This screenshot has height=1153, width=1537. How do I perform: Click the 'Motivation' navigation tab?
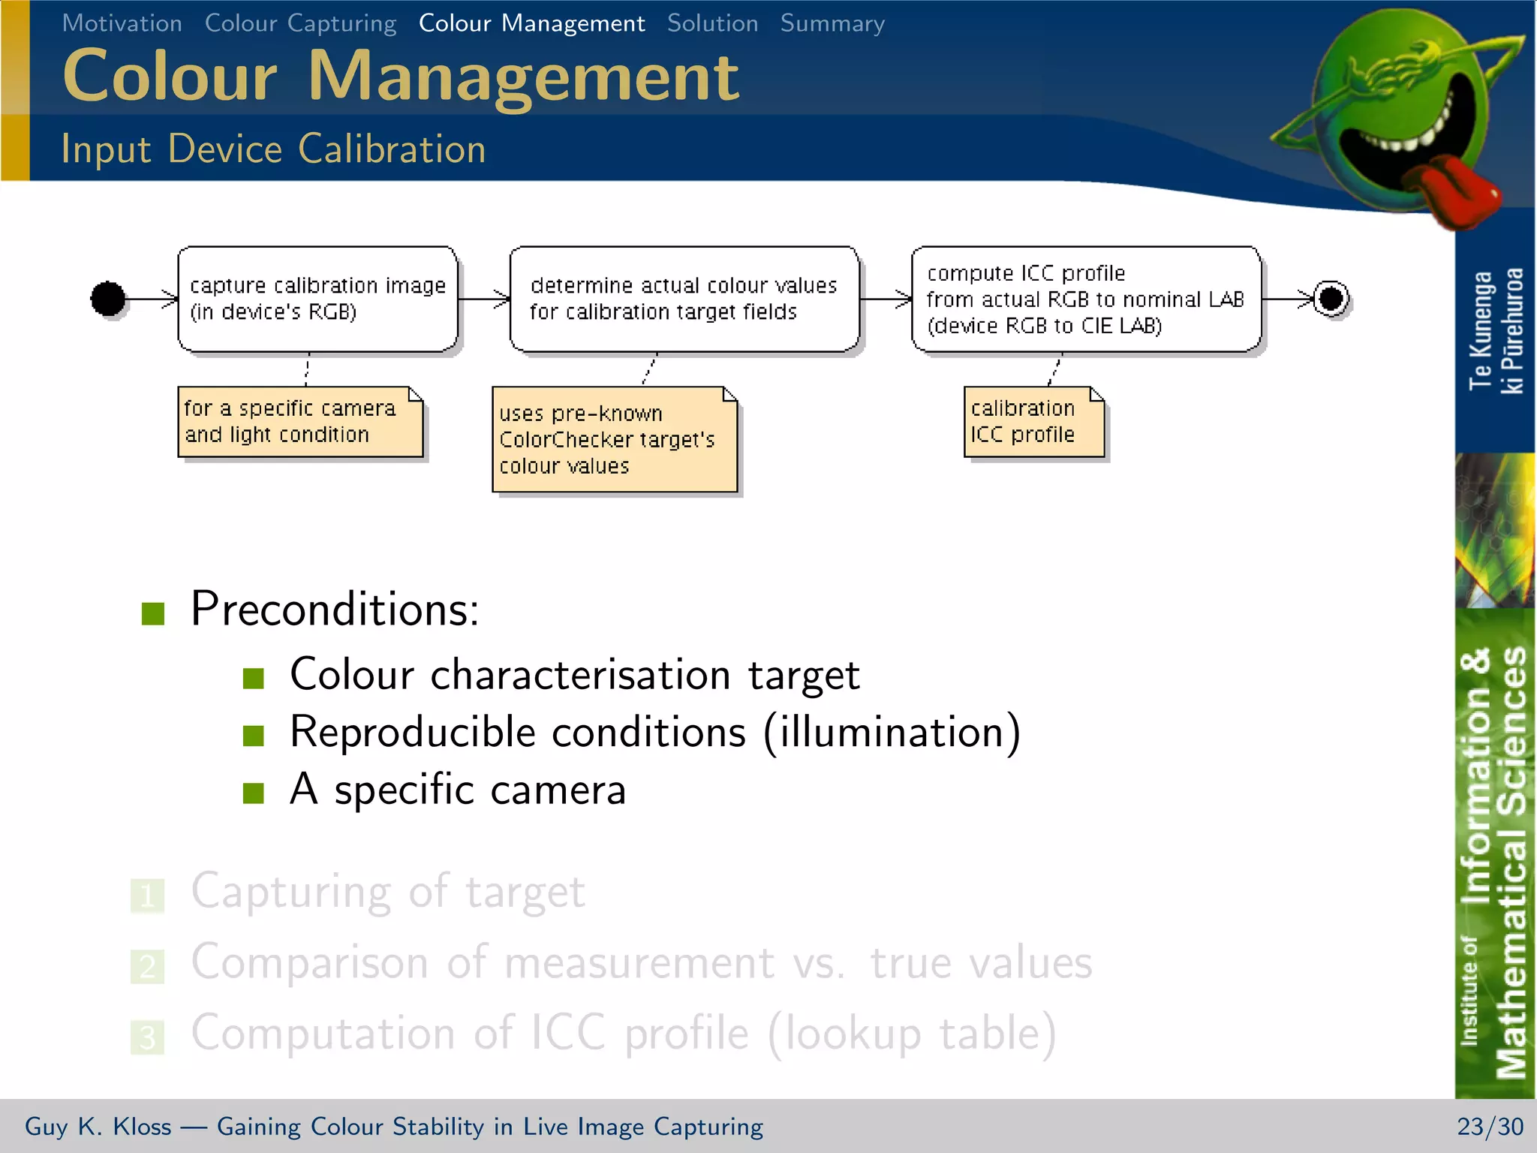[122, 23]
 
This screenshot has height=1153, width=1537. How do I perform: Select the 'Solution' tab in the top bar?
[712, 23]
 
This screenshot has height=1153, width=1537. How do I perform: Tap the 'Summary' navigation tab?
[832, 23]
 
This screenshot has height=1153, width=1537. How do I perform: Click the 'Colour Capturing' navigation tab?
[300, 23]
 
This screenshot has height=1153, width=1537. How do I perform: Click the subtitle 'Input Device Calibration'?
[273, 149]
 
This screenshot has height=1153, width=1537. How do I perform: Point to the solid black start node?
[108, 299]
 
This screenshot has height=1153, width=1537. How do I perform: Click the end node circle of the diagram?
[1331, 299]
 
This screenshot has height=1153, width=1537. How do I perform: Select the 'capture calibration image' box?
[317, 299]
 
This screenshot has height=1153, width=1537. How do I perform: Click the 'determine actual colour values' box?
[684, 299]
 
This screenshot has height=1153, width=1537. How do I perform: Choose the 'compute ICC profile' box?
[1085, 299]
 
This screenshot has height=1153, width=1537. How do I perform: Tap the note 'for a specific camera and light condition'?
[299, 422]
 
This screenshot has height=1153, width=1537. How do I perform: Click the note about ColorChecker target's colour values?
[614, 440]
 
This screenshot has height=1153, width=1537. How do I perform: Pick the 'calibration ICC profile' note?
[1033, 422]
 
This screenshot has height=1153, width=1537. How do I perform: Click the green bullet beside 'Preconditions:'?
[153, 613]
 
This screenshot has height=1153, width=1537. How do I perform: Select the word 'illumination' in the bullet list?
[892, 732]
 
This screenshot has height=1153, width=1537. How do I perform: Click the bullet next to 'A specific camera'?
[254, 793]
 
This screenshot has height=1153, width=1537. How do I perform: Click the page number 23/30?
[1490, 1127]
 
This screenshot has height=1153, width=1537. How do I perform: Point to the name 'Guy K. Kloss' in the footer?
[98, 1127]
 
